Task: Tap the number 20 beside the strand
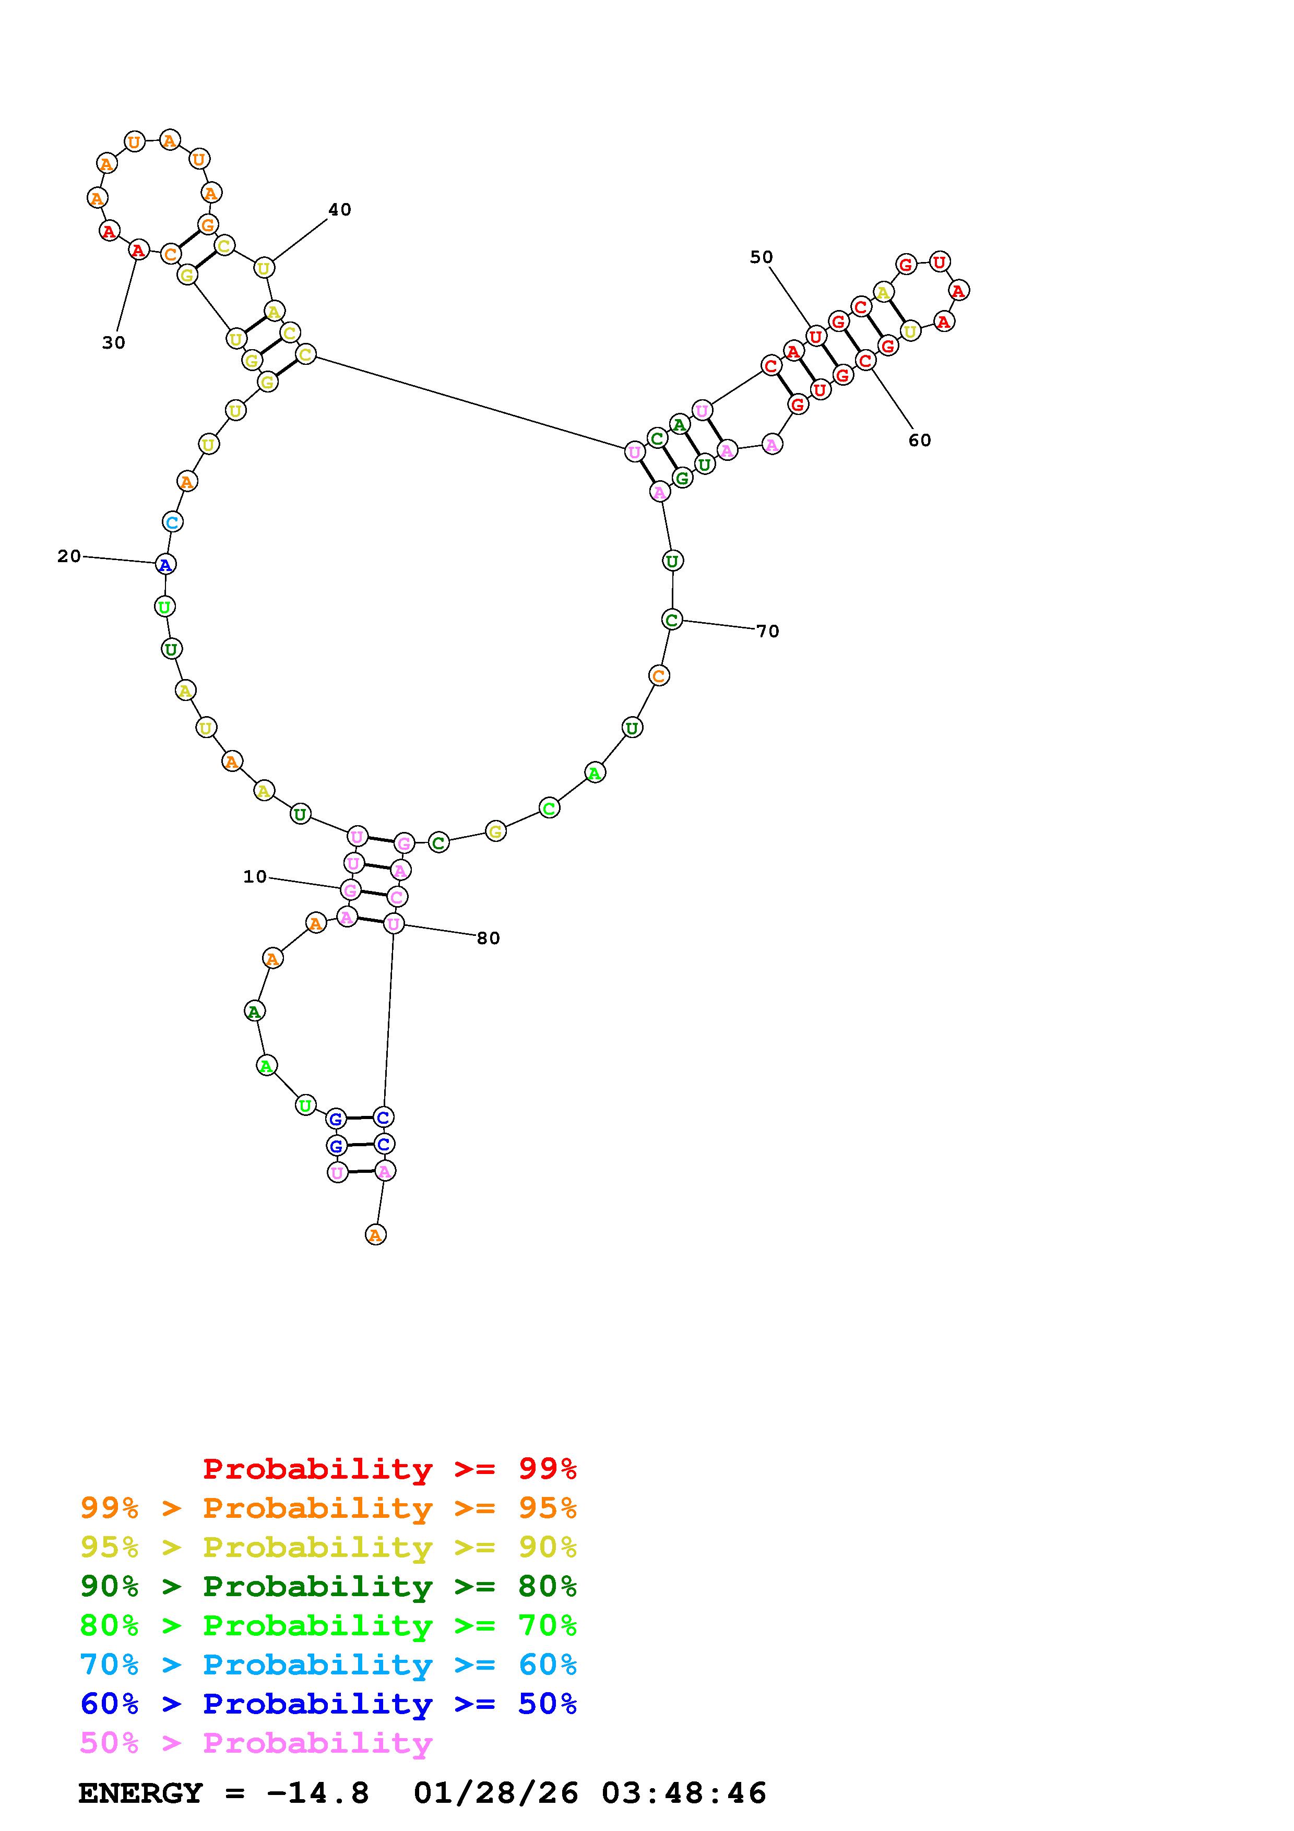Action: [69, 556]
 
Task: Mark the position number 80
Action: [488, 938]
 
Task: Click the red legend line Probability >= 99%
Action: [390, 1468]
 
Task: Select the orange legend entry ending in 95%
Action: [328, 1508]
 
